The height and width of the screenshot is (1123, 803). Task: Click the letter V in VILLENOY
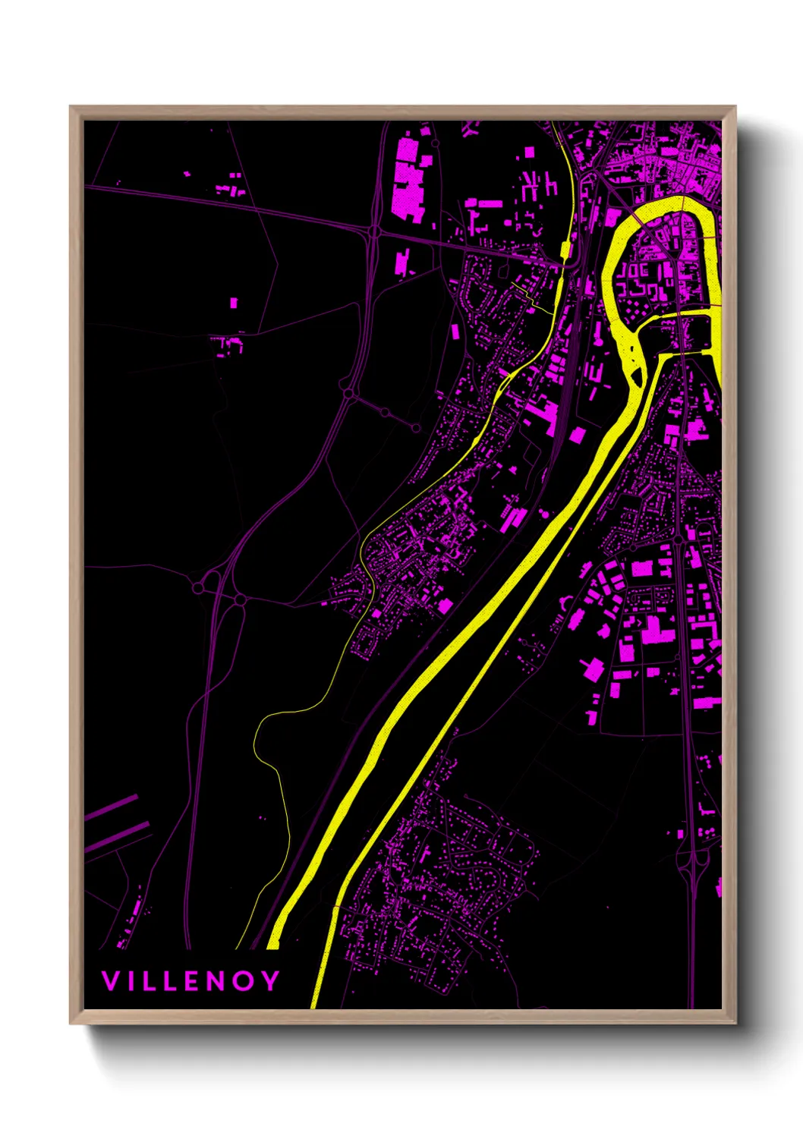[110, 981]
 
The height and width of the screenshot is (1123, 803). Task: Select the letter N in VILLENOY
[220, 981]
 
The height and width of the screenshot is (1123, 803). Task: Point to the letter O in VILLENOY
[246, 981]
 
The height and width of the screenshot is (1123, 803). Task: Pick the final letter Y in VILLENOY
[271, 981]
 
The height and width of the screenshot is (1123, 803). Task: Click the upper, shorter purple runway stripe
[111, 807]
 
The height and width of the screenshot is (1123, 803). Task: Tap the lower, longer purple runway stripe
[117, 834]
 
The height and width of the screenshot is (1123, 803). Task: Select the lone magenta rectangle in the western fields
[234, 303]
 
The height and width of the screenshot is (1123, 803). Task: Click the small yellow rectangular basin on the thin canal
[565, 249]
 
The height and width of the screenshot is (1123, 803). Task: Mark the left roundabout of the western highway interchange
[199, 587]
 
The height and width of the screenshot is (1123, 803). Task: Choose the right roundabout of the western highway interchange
[240, 600]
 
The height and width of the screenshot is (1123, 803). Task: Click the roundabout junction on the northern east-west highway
[374, 231]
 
